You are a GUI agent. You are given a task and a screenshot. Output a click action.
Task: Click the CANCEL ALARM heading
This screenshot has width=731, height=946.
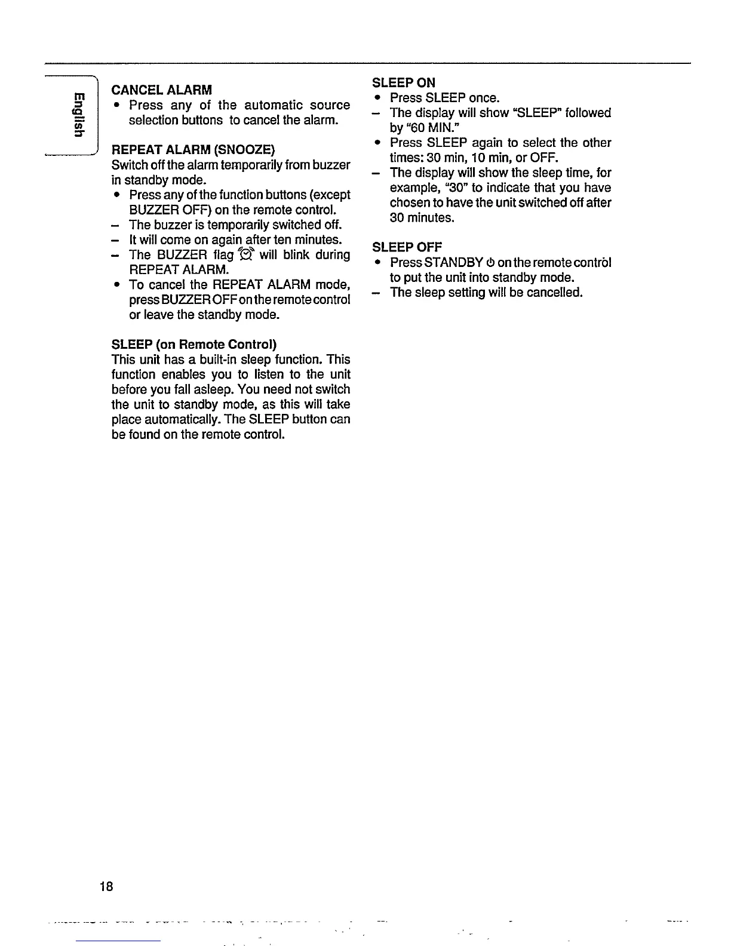coord(161,90)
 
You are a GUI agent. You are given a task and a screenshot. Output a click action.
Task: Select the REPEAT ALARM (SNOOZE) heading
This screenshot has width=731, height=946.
coord(193,149)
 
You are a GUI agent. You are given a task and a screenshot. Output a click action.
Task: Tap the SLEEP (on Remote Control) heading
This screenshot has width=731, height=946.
coord(194,345)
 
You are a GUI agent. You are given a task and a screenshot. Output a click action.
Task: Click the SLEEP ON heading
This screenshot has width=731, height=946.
coord(404,82)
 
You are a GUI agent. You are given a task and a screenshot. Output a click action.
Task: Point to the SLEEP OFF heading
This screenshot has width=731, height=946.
coord(407,247)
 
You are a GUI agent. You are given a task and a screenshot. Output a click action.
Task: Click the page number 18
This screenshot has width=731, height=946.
coord(107,885)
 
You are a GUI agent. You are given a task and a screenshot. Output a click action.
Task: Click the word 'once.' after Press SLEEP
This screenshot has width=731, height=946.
coord(484,98)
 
